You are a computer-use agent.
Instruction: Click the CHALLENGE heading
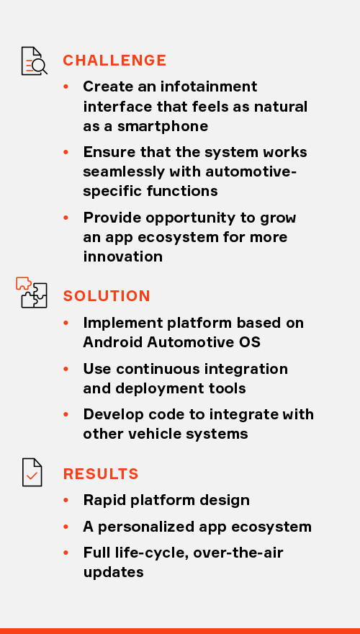[x=114, y=61]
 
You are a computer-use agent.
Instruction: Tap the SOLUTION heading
[x=107, y=296]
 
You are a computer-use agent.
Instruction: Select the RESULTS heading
[x=101, y=474]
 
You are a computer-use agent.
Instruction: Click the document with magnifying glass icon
[x=35, y=61]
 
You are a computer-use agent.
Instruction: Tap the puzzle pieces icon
[x=32, y=293]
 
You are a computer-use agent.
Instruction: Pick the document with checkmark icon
[x=32, y=473]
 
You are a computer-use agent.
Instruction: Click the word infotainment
[x=209, y=86]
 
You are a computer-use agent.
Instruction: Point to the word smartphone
[x=163, y=127]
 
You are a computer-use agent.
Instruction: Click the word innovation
[x=123, y=256]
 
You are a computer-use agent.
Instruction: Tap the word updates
[x=114, y=573]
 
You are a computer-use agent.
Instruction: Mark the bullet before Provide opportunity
[x=66, y=218]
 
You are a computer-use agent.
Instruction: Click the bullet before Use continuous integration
[x=66, y=369]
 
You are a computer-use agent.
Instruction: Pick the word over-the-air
[x=238, y=553]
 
